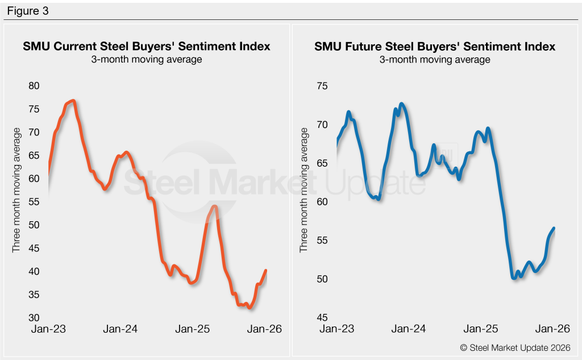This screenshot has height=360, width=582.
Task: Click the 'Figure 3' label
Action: (x=28, y=11)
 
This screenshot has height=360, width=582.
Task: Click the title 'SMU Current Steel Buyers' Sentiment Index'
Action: (x=147, y=46)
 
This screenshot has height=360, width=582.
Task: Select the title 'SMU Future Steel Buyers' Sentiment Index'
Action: (x=435, y=46)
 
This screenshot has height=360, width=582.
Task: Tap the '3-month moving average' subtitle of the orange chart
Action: (x=147, y=59)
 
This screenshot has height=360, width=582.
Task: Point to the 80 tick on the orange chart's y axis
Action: (x=34, y=86)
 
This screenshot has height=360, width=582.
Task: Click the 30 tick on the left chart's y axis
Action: (x=34, y=318)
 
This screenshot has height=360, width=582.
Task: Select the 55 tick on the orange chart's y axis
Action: (x=34, y=202)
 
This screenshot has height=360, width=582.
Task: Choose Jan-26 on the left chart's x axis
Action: (x=265, y=329)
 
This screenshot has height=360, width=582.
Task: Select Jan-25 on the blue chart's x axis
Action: (x=480, y=329)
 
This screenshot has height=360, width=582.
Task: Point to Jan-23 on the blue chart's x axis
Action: (x=336, y=329)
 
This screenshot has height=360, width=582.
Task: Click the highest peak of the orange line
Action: (x=73, y=101)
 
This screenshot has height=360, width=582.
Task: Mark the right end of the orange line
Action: (x=266, y=270)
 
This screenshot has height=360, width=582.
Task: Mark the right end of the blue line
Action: (x=554, y=228)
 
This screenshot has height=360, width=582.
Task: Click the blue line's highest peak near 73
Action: (x=401, y=104)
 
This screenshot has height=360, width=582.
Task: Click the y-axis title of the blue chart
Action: (x=304, y=190)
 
